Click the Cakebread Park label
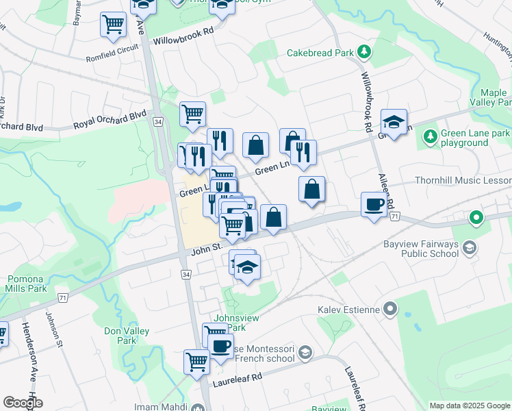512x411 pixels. (x=320, y=52)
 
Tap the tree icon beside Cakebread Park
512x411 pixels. (x=366, y=51)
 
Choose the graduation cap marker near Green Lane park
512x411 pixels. (x=394, y=122)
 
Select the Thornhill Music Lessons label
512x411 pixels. (x=462, y=181)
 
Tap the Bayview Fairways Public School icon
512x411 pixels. (x=470, y=247)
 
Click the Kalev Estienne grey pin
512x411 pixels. (x=389, y=310)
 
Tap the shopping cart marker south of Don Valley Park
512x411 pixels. (x=196, y=360)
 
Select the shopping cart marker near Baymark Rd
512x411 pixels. (x=112, y=25)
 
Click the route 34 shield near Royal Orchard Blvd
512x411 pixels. (x=158, y=121)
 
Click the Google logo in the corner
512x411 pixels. (x=23, y=402)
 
